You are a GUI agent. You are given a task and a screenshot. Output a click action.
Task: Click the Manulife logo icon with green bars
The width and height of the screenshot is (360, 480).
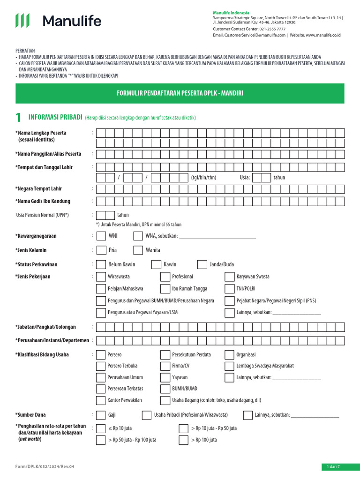(22, 21)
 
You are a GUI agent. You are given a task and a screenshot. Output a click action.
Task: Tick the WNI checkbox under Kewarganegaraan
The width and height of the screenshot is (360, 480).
(101, 236)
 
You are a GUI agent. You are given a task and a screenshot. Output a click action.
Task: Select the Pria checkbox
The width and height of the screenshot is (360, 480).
(101, 250)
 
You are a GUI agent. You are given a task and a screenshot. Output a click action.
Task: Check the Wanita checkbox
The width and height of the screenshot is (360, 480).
(138, 250)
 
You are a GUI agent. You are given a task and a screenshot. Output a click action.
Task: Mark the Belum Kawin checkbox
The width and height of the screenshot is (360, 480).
(101, 265)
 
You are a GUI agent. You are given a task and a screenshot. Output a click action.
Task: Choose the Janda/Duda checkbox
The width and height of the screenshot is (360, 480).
(202, 265)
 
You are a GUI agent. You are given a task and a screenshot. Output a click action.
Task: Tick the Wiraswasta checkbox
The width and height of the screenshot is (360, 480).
(101, 277)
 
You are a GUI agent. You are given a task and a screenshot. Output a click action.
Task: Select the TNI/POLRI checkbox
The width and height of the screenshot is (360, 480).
(230, 289)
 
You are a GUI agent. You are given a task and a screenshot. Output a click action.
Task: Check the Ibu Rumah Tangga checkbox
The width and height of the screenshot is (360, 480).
(165, 289)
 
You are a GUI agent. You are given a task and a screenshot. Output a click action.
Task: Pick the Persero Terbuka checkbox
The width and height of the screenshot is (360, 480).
(101, 366)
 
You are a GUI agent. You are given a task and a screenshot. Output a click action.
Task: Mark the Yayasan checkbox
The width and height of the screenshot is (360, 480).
(165, 377)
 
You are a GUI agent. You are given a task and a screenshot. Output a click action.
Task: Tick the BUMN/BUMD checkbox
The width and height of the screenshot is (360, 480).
(165, 389)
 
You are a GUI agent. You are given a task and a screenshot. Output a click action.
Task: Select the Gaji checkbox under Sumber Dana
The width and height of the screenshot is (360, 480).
(101, 415)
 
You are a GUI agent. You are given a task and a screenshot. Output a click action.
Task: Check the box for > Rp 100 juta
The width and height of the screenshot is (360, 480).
(184, 440)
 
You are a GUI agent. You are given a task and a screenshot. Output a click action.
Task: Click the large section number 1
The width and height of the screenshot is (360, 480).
(18, 117)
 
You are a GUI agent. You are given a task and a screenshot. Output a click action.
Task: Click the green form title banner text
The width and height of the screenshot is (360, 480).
(180, 94)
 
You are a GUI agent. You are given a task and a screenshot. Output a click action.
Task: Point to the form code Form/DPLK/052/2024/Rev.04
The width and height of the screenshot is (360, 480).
(45, 466)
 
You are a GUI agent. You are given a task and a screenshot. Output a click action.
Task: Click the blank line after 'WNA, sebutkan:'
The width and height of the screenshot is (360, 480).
(217, 236)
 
